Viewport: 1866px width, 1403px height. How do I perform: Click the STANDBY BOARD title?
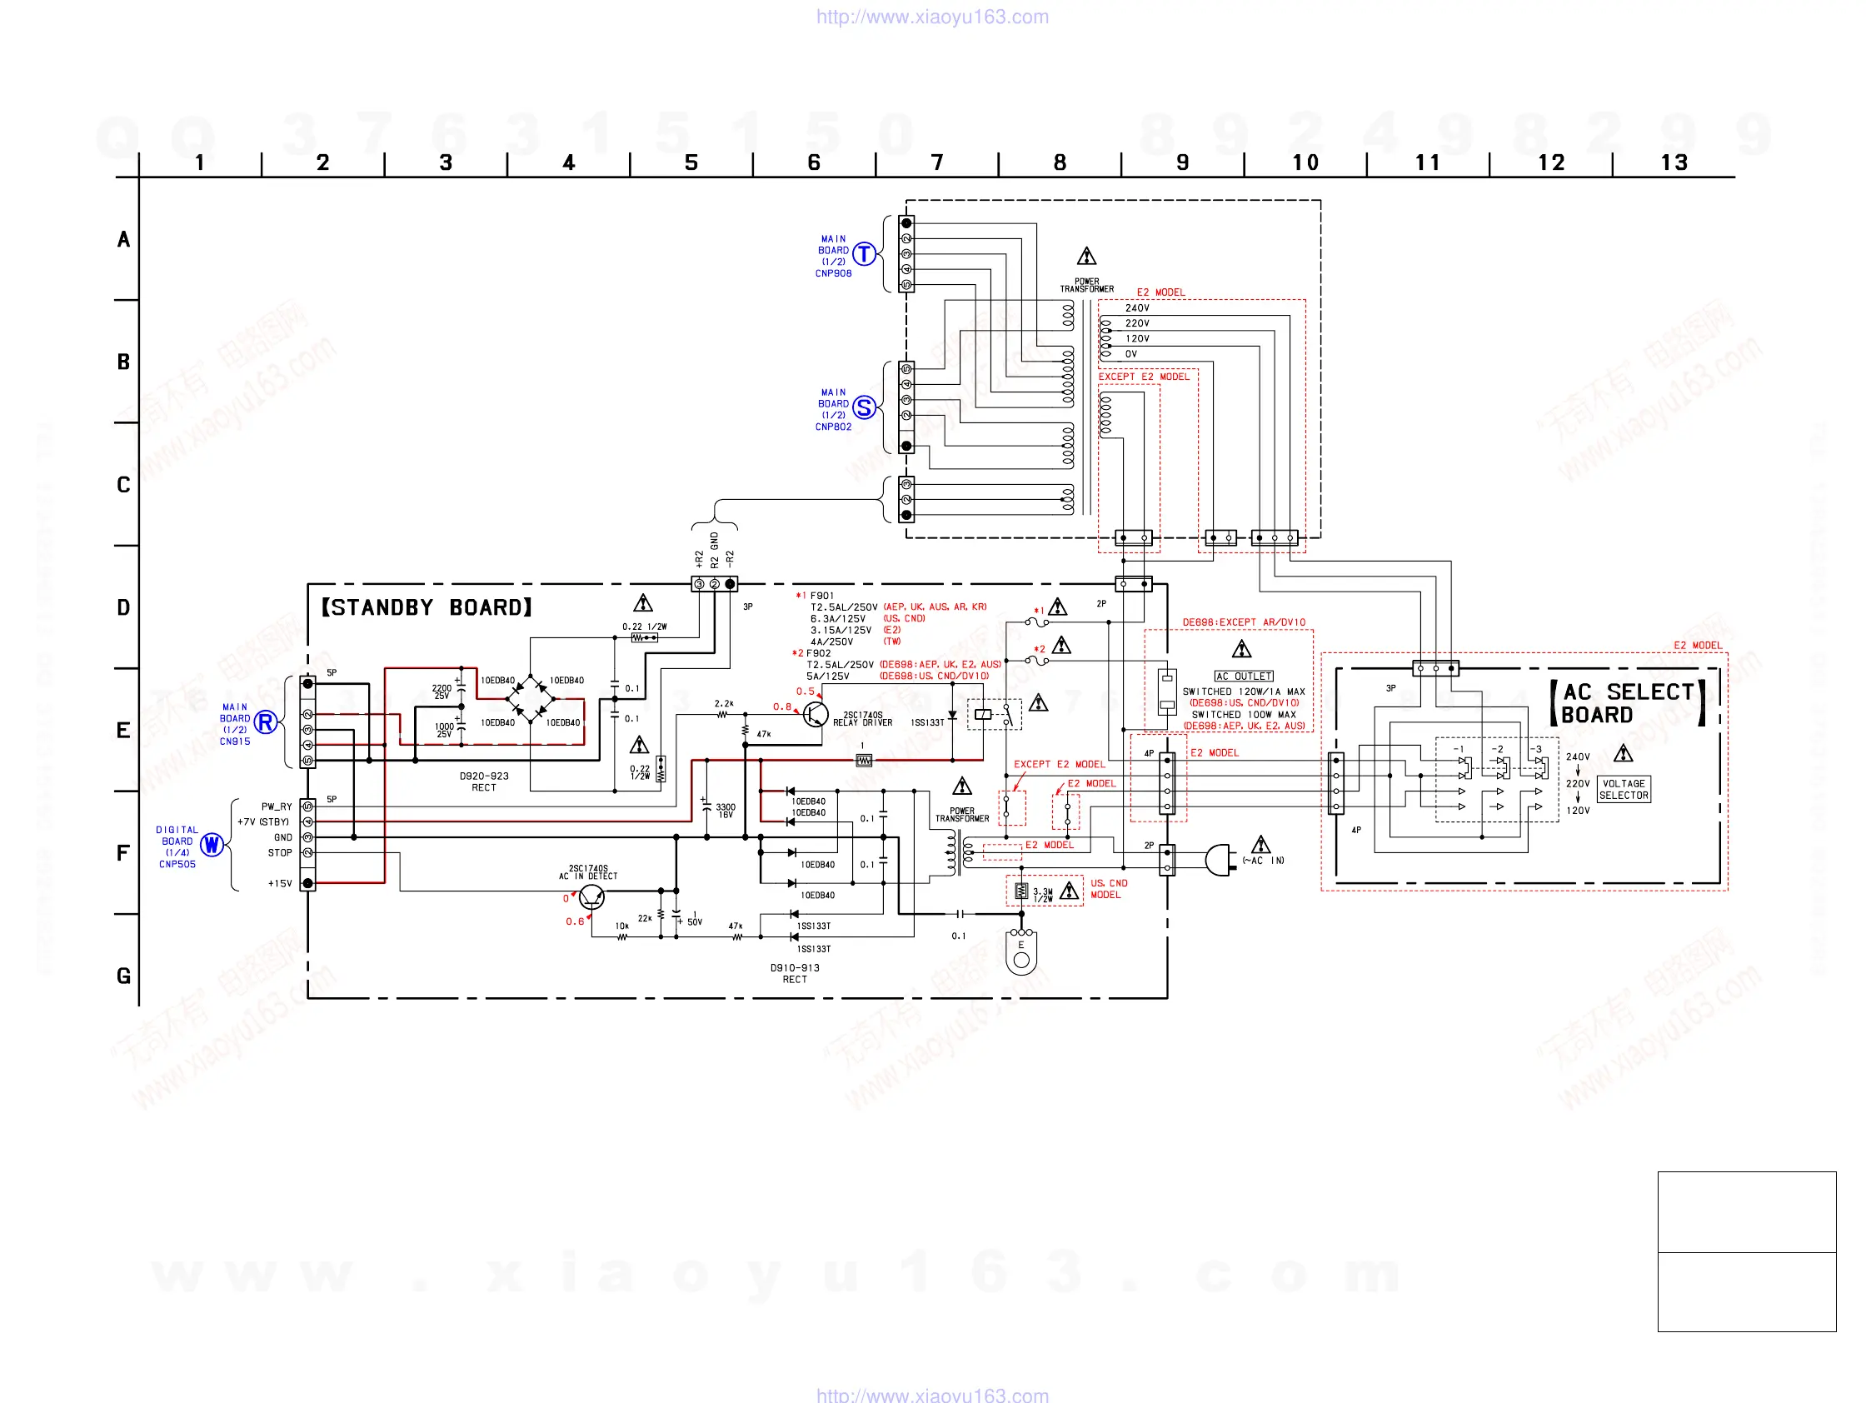point(427,607)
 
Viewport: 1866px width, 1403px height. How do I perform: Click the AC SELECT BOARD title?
point(1626,703)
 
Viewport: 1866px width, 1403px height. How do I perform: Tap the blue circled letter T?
point(864,253)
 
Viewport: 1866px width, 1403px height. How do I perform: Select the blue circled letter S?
point(864,407)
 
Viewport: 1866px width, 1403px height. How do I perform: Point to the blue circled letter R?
point(266,722)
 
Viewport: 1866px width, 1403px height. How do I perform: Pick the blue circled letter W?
point(212,845)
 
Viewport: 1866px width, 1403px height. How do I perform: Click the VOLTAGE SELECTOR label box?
point(1623,790)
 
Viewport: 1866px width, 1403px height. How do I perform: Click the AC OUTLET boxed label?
point(1244,676)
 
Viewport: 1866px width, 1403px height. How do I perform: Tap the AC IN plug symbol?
point(1219,860)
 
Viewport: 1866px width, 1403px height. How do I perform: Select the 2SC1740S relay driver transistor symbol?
point(815,715)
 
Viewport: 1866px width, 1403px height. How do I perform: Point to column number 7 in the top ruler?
point(936,162)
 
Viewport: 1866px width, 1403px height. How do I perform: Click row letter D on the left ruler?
point(123,607)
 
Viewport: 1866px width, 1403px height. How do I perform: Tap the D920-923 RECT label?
point(483,781)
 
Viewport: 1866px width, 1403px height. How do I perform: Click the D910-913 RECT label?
point(795,974)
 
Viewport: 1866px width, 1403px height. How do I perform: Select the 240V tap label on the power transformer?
point(1137,308)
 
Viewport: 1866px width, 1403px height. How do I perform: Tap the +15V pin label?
point(279,883)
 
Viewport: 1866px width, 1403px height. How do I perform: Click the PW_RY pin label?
point(276,806)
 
